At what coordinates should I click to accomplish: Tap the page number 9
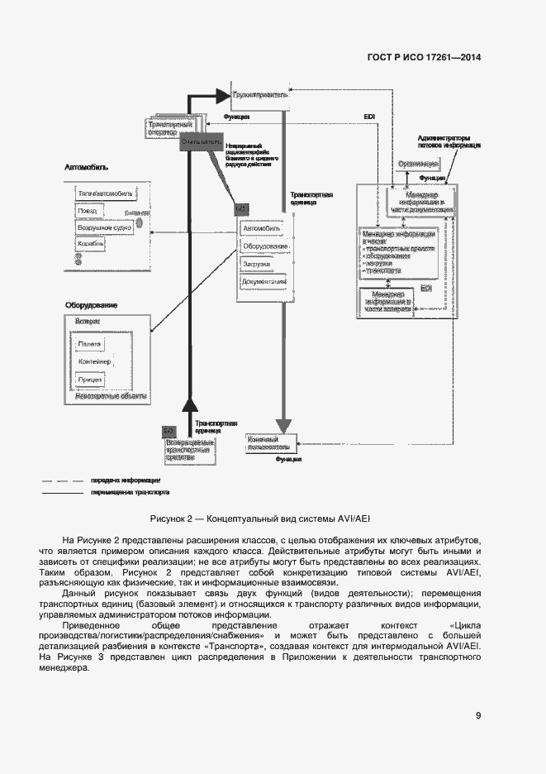(x=478, y=716)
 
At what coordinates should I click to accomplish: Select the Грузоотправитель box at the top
(x=260, y=96)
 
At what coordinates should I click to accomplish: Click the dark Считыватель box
(x=201, y=142)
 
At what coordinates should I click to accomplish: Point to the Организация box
(x=418, y=165)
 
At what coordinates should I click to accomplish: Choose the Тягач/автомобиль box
(x=104, y=193)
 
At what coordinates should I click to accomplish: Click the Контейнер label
(x=94, y=361)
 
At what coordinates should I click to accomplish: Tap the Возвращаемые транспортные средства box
(x=190, y=451)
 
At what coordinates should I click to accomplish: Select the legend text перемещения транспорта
(x=125, y=492)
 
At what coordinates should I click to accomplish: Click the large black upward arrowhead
(x=191, y=405)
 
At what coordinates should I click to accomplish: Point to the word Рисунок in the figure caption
(x=169, y=518)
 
